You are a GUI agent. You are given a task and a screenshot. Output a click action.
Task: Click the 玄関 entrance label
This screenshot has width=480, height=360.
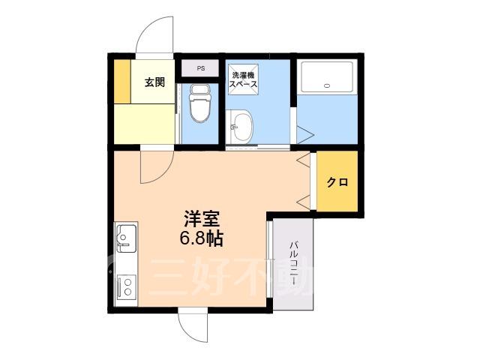pyautogui.click(x=155, y=82)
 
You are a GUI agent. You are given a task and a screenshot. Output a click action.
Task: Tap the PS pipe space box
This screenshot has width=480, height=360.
pyautogui.click(x=200, y=68)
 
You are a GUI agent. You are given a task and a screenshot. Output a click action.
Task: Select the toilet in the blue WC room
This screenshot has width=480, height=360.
pyautogui.click(x=199, y=103)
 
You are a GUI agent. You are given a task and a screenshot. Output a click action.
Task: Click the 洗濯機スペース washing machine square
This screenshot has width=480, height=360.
pyautogui.click(x=243, y=79)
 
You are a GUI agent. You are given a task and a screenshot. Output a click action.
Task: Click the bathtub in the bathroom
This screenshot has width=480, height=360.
pyautogui.click(x=327, y=77)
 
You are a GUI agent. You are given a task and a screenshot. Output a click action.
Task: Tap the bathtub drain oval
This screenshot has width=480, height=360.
pyautogui.click(x=327, y=85)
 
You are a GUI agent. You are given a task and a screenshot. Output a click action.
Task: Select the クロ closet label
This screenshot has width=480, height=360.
pyautogui.click(x=337, y=182)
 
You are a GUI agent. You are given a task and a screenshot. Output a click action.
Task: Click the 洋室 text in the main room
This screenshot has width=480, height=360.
pyautogui.click(x=202, y=218)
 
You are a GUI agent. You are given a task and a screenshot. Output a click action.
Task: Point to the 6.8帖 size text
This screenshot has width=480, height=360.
pyautogui.click(x=201, y=238)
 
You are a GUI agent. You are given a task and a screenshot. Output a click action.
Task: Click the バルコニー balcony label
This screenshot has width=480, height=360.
pyautogui.click(x=294, y=264)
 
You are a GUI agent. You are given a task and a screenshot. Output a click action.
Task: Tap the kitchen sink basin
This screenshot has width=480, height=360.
pyautogui.click(x=125, y=238)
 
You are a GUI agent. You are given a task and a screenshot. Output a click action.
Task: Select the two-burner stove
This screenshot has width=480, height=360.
pyautogui.click(x=126, y=286)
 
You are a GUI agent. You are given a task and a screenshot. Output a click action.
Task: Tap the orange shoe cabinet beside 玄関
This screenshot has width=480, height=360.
pyautogui.click(x=122, y=82)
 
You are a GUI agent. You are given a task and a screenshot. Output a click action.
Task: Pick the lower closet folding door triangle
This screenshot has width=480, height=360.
pyautogui.click(x=304, y=203)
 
